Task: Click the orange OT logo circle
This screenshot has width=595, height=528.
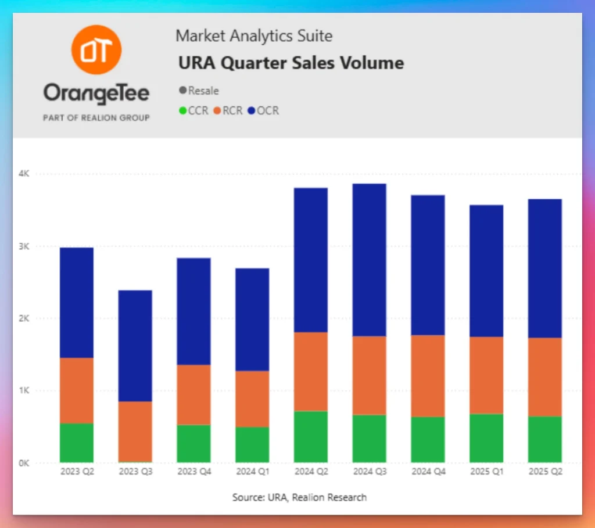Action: (96, 50)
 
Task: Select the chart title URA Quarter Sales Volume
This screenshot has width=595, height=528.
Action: (291, 63)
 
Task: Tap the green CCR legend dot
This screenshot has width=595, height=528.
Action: (184, 110)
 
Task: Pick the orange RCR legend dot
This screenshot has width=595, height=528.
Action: (218, 110)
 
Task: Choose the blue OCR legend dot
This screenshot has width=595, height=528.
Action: (252, 110)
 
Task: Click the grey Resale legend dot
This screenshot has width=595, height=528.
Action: (184, 91)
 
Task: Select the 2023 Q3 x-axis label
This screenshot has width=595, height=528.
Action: (135, 472)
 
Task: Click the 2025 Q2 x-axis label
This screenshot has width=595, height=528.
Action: (545, 472)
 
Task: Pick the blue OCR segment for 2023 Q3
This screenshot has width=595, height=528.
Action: (135, 346)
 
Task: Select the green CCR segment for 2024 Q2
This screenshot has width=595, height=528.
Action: (311, 437)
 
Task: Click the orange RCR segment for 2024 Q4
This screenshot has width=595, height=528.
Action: (428, 376)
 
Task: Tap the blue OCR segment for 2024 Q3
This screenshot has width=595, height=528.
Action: (370, 260)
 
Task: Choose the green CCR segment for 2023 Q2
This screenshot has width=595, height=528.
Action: (77, 443)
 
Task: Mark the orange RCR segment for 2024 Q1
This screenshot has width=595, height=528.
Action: (252, 399)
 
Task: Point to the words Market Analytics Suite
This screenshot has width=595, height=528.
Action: (254, 36)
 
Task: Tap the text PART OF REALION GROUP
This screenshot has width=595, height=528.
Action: (96, 118)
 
